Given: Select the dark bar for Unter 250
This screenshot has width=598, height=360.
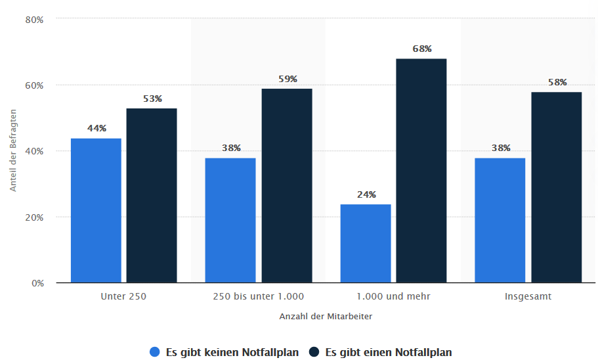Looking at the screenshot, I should click(x=152, y=195).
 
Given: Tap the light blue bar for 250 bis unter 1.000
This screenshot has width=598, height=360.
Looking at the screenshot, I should click(x=230, y=220).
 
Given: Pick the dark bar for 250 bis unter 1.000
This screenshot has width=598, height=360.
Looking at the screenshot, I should click(x=287, y=185).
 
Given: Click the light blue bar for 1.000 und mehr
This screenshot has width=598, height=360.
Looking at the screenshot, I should click(x=366, y=243).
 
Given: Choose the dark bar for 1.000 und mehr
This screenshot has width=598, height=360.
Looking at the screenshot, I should click(x=421, y=171).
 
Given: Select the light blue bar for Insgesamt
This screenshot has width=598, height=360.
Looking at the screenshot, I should click(x=500, y=220).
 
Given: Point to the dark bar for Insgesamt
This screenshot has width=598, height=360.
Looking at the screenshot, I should click(x=557, y=187).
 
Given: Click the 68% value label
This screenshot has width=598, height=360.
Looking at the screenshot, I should click(x=422, y=49).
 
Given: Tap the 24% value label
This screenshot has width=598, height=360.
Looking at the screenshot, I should click(x=366, y=194).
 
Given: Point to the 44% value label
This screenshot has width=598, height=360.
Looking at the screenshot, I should click(x=96, y=129).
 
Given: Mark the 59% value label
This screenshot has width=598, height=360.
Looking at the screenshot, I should click(x=288, y=79).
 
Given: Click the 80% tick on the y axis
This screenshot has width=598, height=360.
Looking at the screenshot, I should click(x=34, y=20).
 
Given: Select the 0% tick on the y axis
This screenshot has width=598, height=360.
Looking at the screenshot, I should click(x=37, y=283).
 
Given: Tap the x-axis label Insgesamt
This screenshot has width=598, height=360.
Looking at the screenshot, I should click(x=528, y=296).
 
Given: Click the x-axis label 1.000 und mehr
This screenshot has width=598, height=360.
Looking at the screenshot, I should click(x=393, y=296).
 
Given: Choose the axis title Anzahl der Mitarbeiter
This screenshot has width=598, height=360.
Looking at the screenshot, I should click(x=326, y=316).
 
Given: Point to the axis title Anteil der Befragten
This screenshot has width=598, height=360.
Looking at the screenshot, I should click(x=12, y=151).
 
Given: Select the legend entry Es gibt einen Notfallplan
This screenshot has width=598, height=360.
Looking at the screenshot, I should click(x=380, y=352).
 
